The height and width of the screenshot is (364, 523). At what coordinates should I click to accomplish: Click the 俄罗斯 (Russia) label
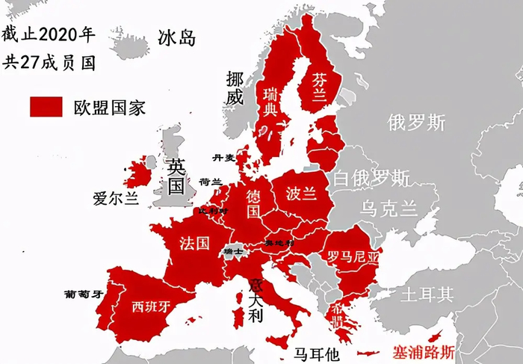coord(417,123)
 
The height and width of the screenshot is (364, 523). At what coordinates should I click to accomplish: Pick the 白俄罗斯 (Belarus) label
coord(371,178)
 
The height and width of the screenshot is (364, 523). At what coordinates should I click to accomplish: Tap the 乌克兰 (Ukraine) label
coord(390,207)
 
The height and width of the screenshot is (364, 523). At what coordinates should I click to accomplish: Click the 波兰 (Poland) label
coord(301,193)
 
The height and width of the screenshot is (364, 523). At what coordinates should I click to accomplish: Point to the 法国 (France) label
coord(194,244)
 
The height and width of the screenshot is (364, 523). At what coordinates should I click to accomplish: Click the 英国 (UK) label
coord(176,176)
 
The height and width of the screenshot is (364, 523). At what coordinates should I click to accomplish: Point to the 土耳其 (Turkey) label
coord(427,294)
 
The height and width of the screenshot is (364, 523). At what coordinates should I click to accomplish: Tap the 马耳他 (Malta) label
coord(316,353)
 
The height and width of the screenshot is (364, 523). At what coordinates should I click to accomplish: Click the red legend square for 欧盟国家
coord(46,107)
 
